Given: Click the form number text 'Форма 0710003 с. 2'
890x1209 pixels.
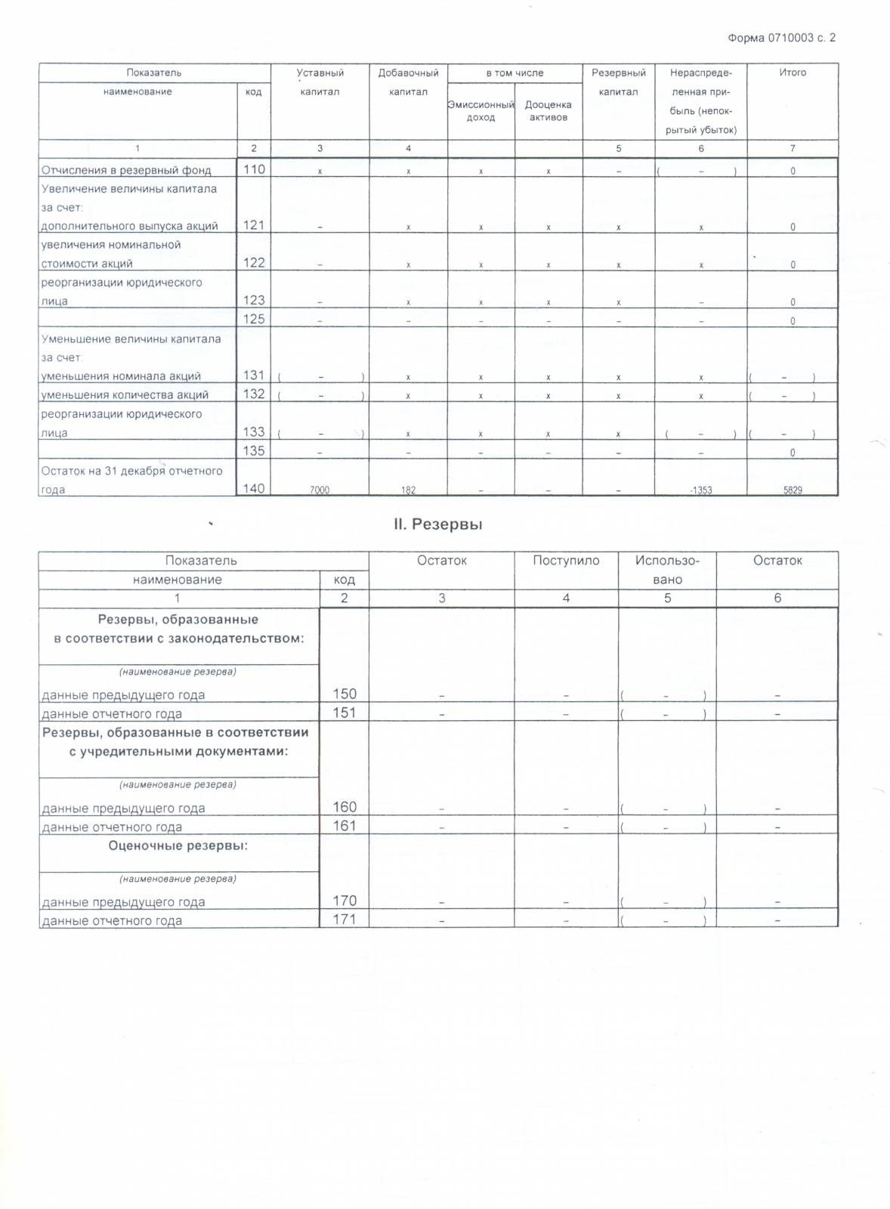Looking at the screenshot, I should coord(781,38).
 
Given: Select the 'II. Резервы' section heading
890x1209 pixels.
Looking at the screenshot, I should coord(438,524).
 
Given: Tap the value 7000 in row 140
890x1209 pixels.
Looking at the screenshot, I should coord(320,490).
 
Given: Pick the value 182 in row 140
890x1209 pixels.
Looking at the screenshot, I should coord(408,490).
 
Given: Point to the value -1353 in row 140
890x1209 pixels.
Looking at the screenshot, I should coord(700,490).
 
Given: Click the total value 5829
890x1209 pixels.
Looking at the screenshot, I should coord(793,490).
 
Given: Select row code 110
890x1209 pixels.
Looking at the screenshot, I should coord(254,169).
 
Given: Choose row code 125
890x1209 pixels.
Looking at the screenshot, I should coord(254,319).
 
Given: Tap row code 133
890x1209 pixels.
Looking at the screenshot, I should coord(254,431).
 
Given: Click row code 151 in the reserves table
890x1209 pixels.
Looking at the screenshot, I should coord(345,713).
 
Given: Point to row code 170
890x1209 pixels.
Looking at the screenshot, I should coord(345,901).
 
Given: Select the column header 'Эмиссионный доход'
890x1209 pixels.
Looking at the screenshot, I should coord(481,111).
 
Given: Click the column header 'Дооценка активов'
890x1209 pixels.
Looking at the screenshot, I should coord(548,111).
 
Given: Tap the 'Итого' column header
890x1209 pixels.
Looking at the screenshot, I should coord(793,73).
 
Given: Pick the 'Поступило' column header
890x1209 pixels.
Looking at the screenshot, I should coord(566,561).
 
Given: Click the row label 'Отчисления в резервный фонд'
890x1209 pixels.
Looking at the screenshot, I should coord(126,170).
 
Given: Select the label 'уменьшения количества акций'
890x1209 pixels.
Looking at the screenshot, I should coord(125,394).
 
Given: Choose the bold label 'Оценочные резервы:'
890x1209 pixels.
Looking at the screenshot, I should coord(178,846).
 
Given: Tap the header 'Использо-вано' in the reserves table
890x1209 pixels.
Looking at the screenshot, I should coord(667,570).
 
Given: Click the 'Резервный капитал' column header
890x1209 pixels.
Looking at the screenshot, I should coord(618,82).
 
